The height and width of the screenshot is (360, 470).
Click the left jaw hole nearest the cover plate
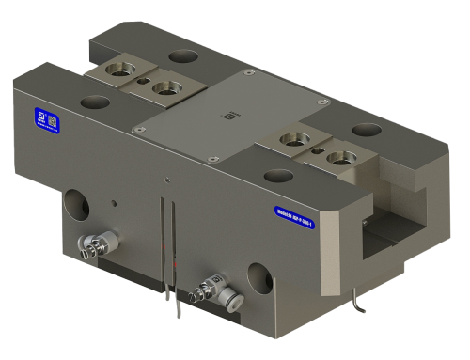tap(168, 90)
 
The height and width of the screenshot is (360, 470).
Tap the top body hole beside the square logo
tap(92, 100)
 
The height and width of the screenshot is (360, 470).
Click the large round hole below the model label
tap(259, 275)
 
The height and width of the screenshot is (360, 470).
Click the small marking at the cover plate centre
tap(224, 117)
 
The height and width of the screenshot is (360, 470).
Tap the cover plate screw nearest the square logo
tap(138, 128)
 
